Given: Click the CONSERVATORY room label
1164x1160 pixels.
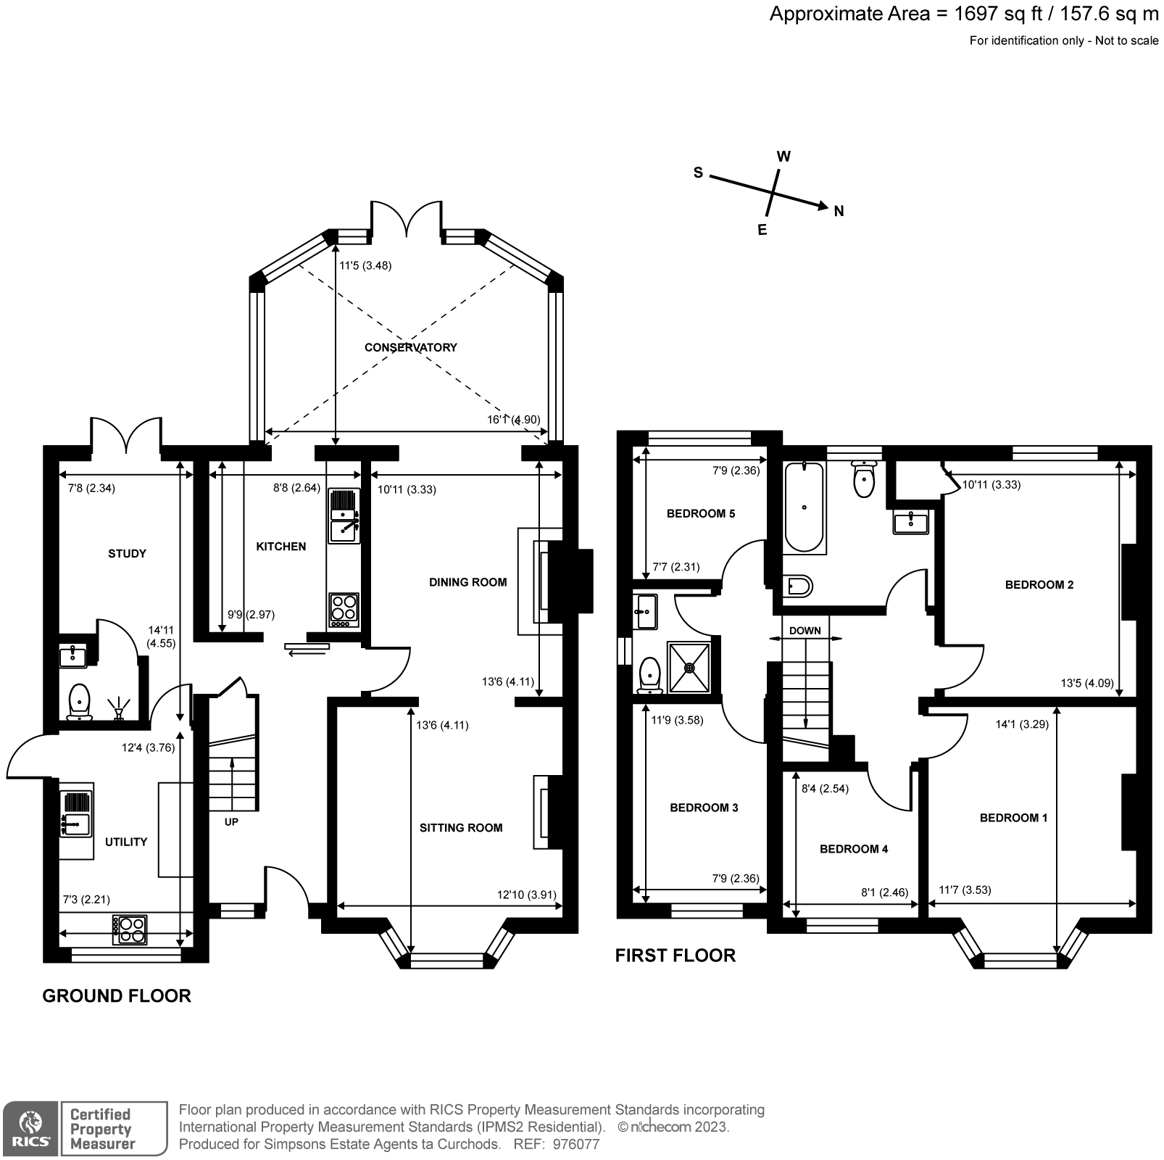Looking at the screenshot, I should click(410, 347).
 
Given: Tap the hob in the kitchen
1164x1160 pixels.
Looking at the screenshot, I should click(344, 610).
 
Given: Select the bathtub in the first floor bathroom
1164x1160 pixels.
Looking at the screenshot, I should click(804, 507).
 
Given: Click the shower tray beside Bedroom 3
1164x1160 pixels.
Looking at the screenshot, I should click(689, 666).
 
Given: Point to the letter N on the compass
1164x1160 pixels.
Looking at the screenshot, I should click(839, 212).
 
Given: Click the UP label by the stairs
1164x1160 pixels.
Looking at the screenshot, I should click(231, 822).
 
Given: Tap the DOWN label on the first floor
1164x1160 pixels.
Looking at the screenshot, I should click(805, 631).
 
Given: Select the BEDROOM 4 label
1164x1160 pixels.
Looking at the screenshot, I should click(853, 849).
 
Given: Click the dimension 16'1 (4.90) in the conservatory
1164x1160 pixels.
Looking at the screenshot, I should click(513, 420).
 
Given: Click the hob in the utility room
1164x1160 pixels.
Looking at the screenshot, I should click(130, 930).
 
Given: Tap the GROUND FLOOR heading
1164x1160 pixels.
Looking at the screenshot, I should click(117, 995).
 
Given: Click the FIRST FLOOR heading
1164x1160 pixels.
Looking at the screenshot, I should click(675, 956).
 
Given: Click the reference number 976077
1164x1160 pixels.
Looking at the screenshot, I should click(576, 1145).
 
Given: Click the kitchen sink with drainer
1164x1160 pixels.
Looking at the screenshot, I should click(344, 515).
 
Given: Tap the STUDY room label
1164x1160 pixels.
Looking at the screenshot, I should click(127, 554).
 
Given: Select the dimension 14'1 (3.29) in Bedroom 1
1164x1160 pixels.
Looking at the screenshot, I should click(1022, 724).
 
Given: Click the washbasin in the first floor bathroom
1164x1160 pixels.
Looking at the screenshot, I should click(910, 522).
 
